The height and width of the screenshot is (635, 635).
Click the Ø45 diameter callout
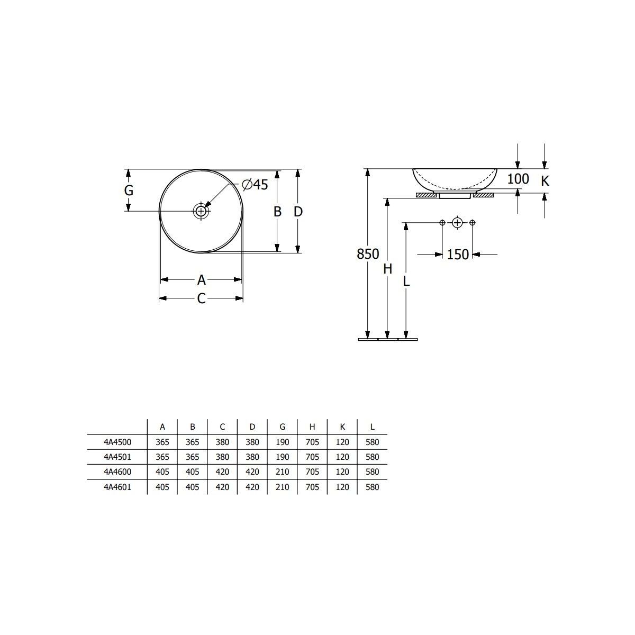tap(255, 185)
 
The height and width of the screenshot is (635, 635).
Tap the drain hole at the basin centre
tap(201, 211)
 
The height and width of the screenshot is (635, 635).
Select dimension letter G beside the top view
tap(129, 190)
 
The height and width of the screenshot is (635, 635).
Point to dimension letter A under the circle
tap(201, 280)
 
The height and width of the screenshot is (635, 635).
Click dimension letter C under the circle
tap(201, 298)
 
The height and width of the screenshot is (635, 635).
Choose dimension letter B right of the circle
tap(277, 212)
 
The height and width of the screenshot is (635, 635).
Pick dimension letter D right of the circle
tap(298, 212)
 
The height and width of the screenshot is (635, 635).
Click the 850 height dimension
tap(368, 254)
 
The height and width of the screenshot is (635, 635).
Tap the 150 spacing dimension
tap(458, 255)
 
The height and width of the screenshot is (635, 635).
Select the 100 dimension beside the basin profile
tap(518, 179)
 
